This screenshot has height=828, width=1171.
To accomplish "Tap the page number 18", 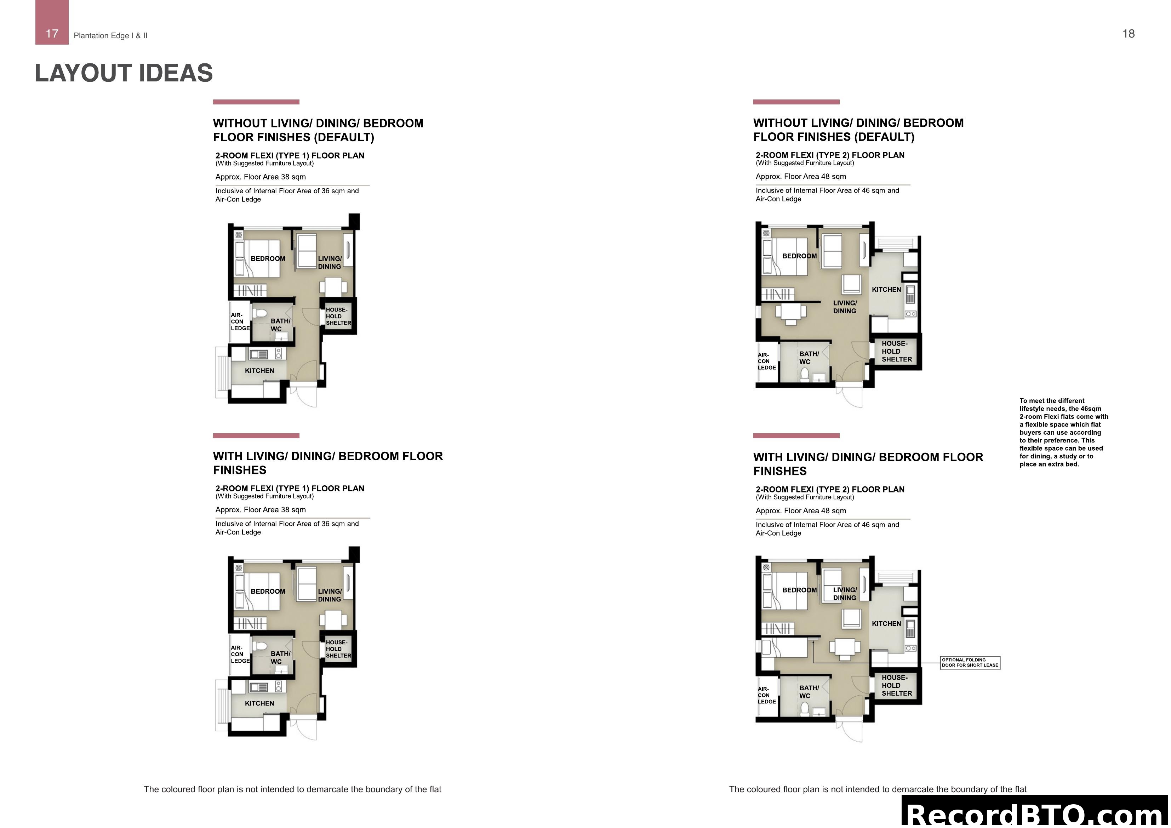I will pyautogui.click(x=1128, y=34).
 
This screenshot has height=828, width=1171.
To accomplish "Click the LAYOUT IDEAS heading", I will pyautogui.click(x=124, y=73).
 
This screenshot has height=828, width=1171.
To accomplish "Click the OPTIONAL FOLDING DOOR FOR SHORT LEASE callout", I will pyautogui.click(x=970, y=663).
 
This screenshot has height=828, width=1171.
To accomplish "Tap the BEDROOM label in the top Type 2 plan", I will pyautogui.click(x=799, y=256).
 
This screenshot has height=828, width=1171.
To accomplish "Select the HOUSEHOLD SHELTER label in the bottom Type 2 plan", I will pyautogui.click(x=896, y=685).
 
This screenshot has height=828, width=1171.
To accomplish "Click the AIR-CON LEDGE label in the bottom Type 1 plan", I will pyautogui.click(x=240, y=654).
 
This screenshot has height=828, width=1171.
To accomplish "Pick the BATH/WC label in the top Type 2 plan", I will pyautogui.click(x=809, y=358).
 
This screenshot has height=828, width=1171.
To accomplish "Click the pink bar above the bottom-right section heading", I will pyautogui.click(x=796, y=436).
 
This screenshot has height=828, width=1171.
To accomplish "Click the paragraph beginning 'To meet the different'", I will pyautogui.click(x=1063, y=432).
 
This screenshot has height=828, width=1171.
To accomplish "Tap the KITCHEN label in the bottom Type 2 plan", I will pyautogui.click(x=886, y=623).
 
